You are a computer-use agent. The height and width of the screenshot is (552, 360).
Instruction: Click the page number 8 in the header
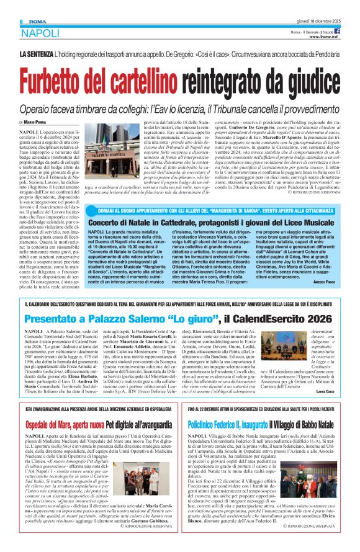(x=12, y=6)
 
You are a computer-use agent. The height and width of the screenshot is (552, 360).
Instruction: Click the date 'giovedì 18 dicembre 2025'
(x=326, y=5)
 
